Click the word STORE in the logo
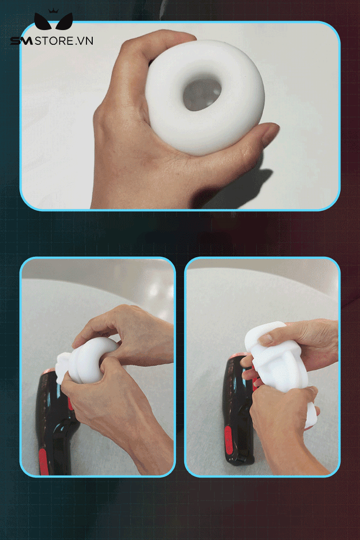coord(54,41)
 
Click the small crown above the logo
coord(53,11)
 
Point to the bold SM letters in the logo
coord(21,41)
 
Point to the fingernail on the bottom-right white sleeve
coord(266,340)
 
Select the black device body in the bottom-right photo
coord(238,410)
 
